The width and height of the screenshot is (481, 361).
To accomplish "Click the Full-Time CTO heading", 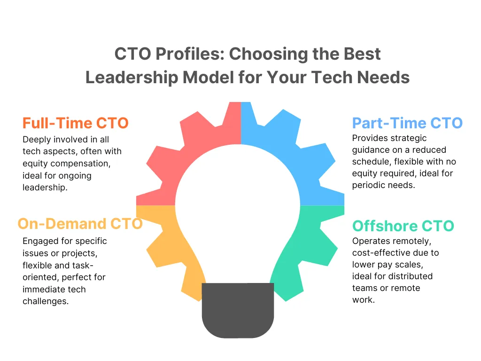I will [75, 124].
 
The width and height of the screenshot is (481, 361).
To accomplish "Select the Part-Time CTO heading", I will [407, 123].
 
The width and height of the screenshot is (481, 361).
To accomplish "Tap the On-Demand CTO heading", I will [80, 223].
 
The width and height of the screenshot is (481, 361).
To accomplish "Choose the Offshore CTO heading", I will [403, 226].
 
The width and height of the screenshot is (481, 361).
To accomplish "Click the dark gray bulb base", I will [238, 310].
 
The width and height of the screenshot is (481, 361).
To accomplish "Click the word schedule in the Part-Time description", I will [371, 162].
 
